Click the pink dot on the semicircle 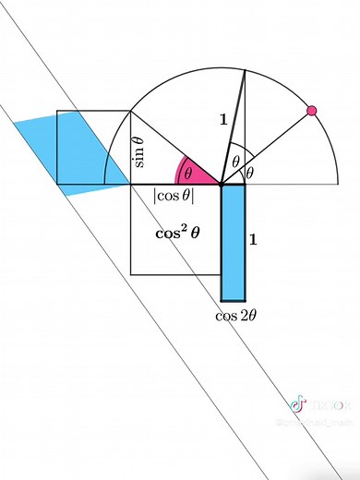(311, 111)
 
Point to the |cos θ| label (173, 196)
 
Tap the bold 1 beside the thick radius (221, 118)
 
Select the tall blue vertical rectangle (233, 243)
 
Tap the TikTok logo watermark (298, 403)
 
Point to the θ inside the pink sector (187, 173)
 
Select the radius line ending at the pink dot (268, 147)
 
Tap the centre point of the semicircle (222, 185)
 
